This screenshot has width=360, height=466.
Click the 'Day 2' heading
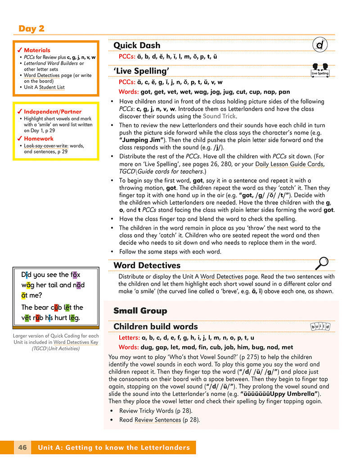31,28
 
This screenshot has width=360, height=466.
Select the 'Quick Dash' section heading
136,45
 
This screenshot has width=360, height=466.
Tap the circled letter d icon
320,45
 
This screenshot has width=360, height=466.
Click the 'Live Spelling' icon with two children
320,69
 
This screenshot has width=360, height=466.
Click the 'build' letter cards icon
320,326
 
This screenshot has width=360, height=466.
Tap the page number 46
22,448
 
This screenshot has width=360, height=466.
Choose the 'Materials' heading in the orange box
37,50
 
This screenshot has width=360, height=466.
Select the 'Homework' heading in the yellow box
39,139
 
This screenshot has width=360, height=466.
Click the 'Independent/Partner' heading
53,111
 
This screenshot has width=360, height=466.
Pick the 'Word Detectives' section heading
147,265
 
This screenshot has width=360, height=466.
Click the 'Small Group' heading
140,311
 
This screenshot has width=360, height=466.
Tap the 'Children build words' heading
155,326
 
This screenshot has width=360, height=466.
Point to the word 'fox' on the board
75,274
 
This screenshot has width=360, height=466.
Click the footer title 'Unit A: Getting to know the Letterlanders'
114,448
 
